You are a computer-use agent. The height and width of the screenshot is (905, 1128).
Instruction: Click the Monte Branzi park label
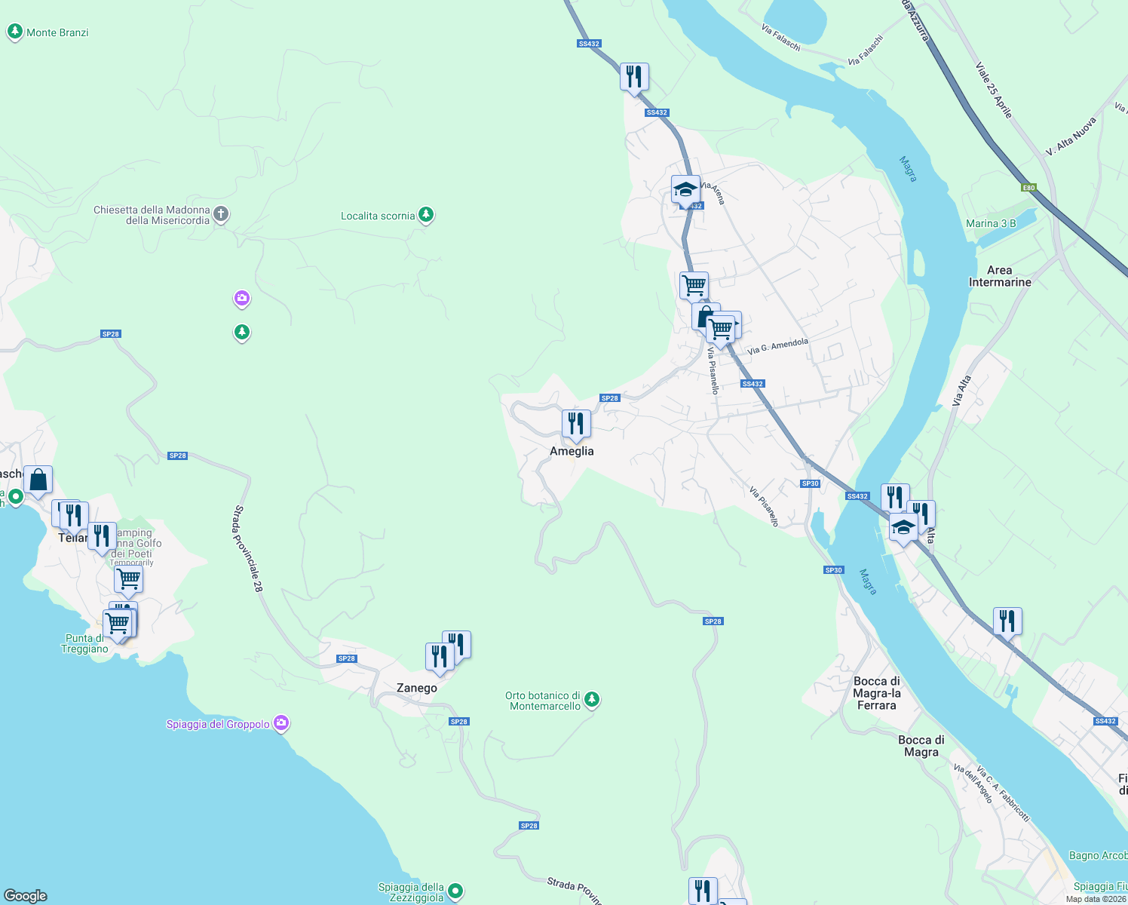tap(57, 32)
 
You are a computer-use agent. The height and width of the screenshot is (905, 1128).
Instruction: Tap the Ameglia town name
tap(572, 451)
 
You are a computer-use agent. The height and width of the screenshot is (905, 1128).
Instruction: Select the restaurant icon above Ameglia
tap(576, 424)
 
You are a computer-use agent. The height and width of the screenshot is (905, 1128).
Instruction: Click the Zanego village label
tap(416, 688)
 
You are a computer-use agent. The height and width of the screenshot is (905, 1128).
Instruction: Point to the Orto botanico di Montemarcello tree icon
tap(592, 701)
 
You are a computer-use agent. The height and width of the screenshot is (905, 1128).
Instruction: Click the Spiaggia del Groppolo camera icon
tap(281, 724)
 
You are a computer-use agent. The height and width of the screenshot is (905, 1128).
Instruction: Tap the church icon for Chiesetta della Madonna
tap(221, 214)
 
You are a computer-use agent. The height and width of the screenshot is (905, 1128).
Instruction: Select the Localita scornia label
tap(378, 216)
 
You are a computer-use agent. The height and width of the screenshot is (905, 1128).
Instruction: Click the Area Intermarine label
tap(999, 276)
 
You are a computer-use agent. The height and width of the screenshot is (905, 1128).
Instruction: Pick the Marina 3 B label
tap(991, 223)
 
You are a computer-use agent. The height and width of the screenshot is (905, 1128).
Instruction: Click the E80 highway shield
tap(1028, 188)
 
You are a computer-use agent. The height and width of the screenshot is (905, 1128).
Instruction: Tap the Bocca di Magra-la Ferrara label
tap(876, 693)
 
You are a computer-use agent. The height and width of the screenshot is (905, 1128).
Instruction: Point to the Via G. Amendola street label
tap(777, 346)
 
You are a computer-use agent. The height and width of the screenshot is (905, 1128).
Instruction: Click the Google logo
tap(26, 896)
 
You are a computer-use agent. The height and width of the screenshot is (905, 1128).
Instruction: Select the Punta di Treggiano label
tap(84, 643)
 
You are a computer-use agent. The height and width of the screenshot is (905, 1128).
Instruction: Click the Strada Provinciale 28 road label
tap(247, 548)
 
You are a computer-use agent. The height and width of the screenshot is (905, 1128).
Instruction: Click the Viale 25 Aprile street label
tap(994, 90)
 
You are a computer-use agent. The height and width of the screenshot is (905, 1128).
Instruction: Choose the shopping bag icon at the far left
tap(38, 480)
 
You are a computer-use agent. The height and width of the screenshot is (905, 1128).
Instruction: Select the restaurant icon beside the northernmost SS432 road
tap(634, 77)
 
